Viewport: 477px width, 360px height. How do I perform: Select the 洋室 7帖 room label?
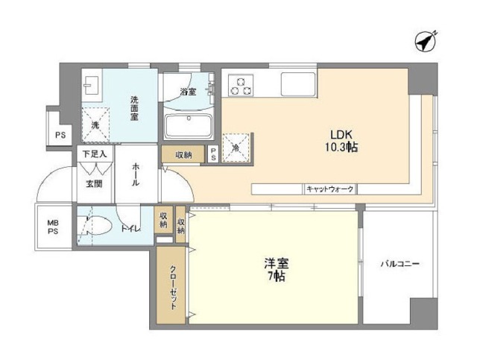[276, 270]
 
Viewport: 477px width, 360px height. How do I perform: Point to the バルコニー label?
[400, 264]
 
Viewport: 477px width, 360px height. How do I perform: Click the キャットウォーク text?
[330, 189]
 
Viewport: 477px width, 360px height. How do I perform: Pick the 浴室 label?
[188, 92]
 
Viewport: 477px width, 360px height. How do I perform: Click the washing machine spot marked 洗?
[95, 125]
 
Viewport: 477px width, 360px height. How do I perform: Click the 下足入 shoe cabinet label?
[95, 154]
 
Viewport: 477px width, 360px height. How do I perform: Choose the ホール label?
[136, 175]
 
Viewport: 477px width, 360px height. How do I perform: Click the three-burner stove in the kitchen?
[241, 85]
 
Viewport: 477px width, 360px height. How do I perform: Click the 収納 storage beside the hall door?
[183, 155]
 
